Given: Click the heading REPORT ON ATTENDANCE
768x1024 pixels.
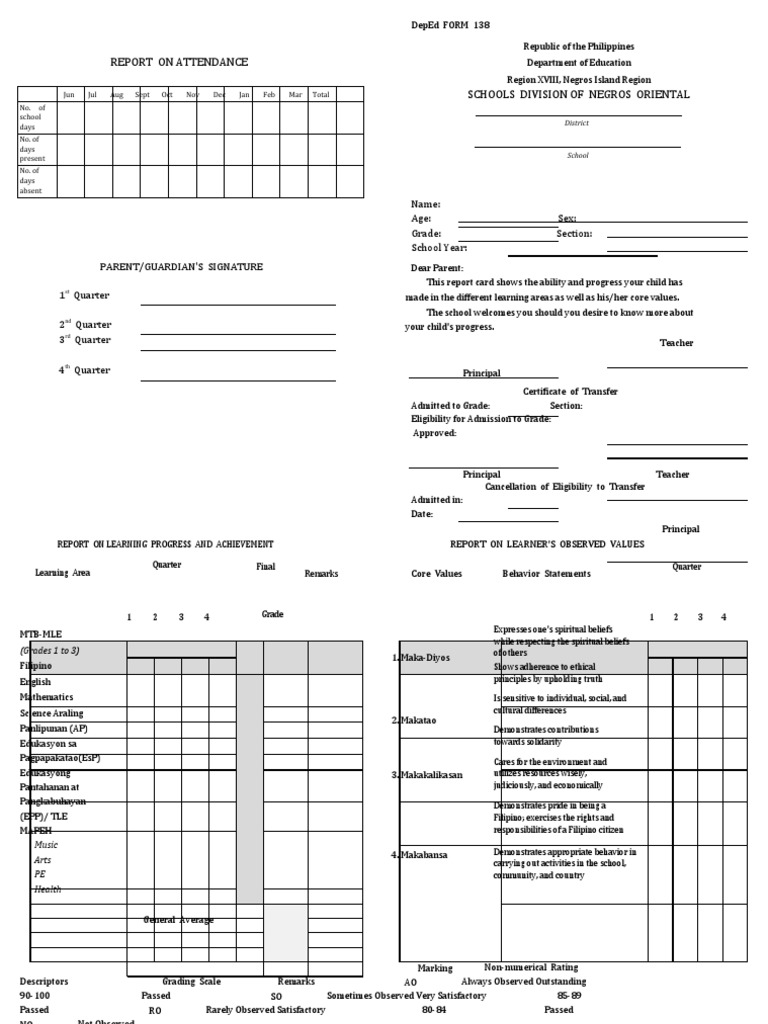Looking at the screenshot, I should coord(179,62).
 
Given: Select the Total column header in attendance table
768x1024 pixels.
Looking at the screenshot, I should coord(321,95).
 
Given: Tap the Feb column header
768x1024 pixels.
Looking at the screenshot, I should coord(270,95).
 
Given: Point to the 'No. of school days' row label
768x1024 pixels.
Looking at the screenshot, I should coord(33,117).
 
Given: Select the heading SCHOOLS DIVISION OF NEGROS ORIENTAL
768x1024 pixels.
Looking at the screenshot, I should coord(579,95).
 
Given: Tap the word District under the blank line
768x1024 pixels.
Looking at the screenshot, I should coord(578,123).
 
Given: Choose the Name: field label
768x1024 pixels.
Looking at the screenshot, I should coord(426,204).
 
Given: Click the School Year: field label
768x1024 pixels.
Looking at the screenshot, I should coord(439,247).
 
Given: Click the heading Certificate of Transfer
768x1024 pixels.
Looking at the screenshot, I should coord(570,392).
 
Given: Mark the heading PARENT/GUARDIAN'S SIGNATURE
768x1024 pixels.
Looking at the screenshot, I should coord(181,267).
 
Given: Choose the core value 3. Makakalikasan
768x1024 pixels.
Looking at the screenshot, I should coord(427,775).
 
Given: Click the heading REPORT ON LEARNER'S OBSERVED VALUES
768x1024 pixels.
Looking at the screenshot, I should coord(547,544).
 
